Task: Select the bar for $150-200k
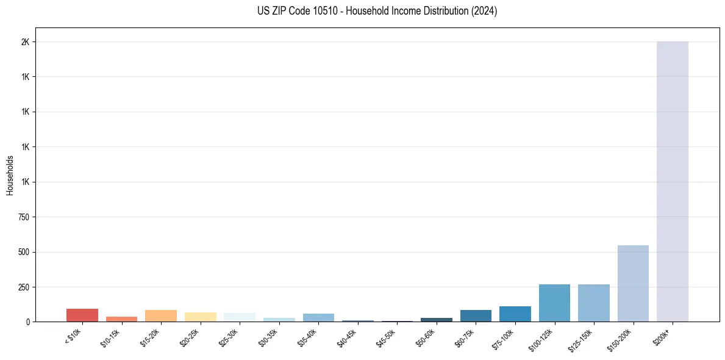click(x=633, y=283)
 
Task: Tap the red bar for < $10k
click(x=82, y=315)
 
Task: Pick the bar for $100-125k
click(x=554, y=303)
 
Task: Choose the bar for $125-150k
click(x=593, y=303)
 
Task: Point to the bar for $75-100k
click(x=515, y=314)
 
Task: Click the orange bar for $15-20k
click(x=161, y=315)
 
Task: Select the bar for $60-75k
click(x=476, y=315)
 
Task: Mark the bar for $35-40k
click(x=318, y=317)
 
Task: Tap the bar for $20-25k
click(x=200, y=317)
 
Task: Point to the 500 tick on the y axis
click(x=24, y=252)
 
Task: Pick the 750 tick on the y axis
click(x=24, y=217)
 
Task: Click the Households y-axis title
click(x=10, y=175)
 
